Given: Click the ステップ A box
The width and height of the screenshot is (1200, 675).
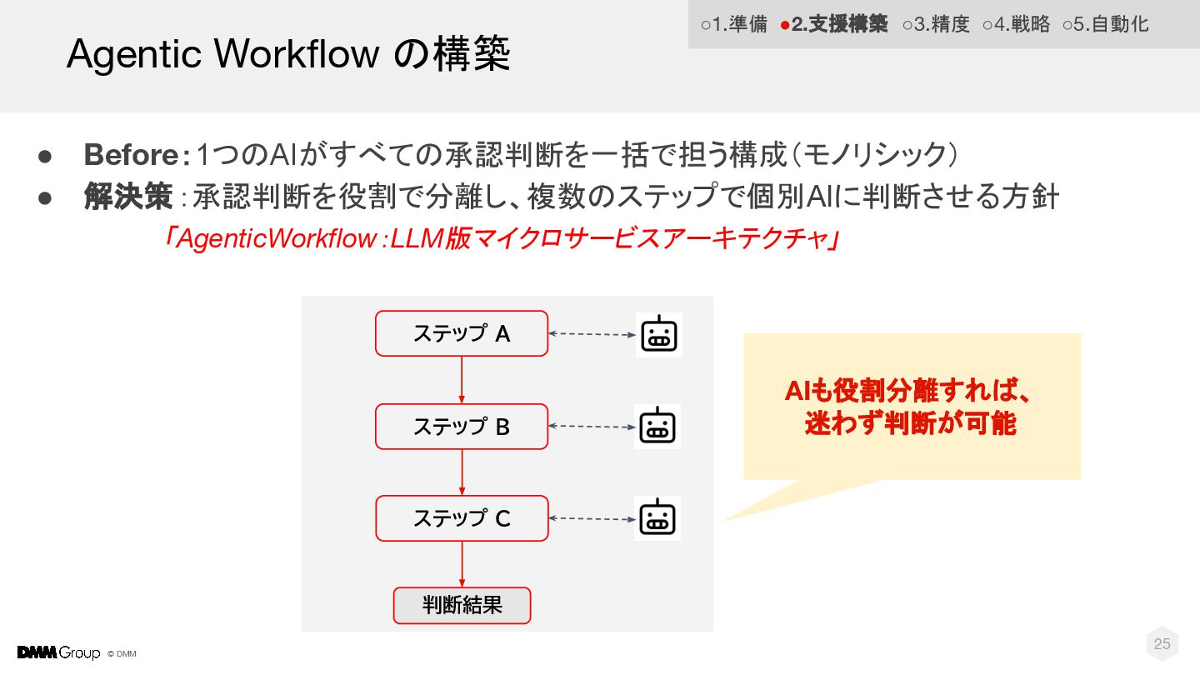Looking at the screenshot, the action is pyautogui.click(x=462, y=333).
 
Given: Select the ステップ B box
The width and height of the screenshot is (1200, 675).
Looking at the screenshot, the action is pyautogui.click(x=462, y=427).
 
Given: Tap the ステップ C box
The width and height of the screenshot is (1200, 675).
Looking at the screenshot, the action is pyautogui.click(x=462, y=518).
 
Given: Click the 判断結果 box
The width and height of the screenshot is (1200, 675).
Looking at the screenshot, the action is pyautogui.click(x=462, y=606).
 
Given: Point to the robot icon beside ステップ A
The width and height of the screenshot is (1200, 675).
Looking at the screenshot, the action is pyautogui.click(x=658, y=335).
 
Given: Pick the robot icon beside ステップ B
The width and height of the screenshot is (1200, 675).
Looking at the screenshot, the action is pyautogui.click(x=657, y=427).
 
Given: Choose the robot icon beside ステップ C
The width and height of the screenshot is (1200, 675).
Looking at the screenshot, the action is pyautogui.click(x=657, y=518).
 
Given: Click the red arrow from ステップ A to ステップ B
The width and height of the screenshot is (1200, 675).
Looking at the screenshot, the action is pyautogui.click(x=462, y=380).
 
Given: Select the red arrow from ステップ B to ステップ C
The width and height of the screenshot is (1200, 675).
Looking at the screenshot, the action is pyautogui.click(x=462, y=472).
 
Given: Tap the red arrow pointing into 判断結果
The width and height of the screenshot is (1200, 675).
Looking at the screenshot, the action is pyautogui.click(x=462, y=564).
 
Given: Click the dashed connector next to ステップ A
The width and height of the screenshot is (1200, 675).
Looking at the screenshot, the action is pyautogui.click(x=592, y=334).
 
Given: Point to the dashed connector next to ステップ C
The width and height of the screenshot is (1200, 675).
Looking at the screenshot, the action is pyautogui.click(x=592, y=518).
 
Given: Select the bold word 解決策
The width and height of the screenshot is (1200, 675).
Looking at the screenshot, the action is pyautogui.click(x=127, y=197).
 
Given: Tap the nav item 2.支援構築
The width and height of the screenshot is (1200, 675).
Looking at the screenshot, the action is pyautogui.click(x=834, y=24).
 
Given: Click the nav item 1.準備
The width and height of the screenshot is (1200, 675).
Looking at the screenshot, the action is pyautogui.click(x=733, y=24).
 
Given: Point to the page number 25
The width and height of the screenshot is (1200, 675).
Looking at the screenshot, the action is pyautogui.click(x=1162, y=643).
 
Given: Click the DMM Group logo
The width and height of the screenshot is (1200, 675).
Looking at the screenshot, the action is pyautogui.click(x=58, y=652).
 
